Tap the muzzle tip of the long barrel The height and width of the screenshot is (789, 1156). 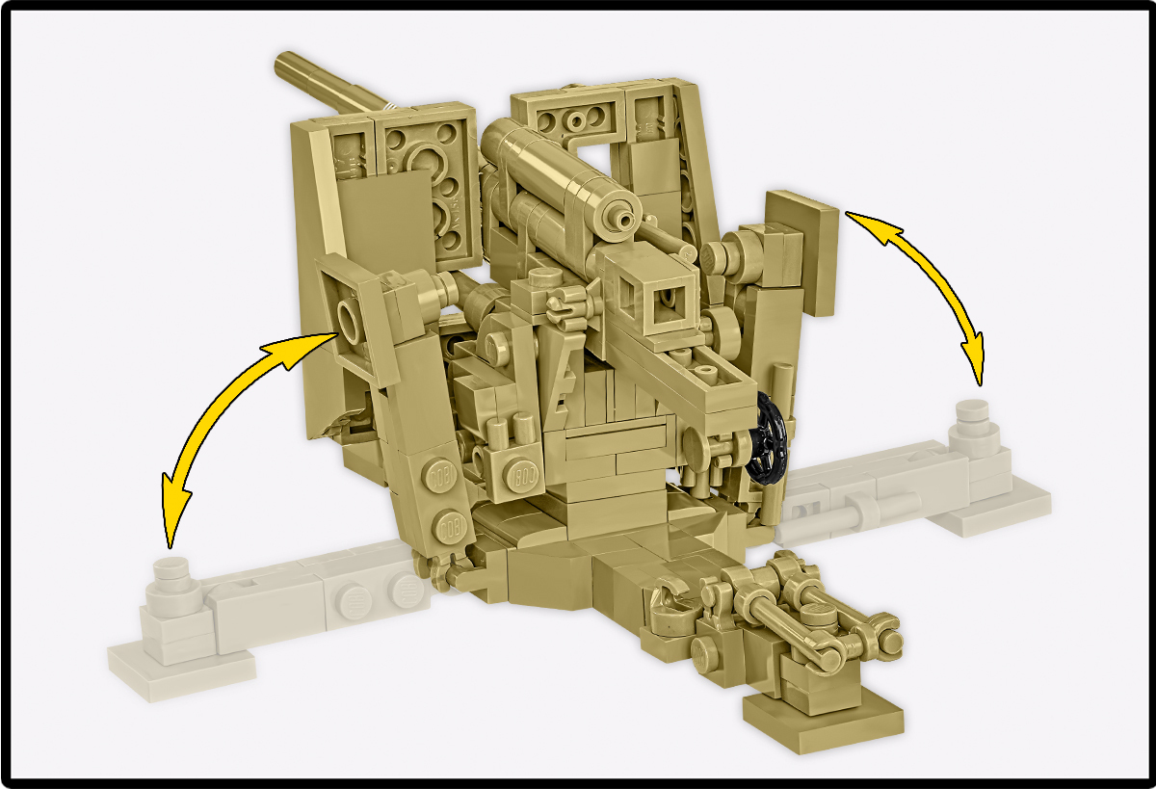pos(283,63)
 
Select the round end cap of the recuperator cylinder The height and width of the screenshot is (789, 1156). pos(617,216)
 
